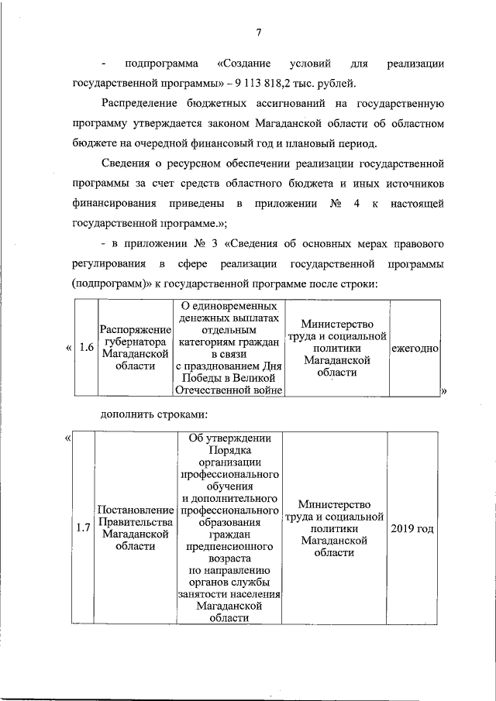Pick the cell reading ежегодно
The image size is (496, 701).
coord(415,349)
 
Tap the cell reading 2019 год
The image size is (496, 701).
coord(412,528)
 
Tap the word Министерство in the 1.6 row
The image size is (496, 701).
coord(337,324)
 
